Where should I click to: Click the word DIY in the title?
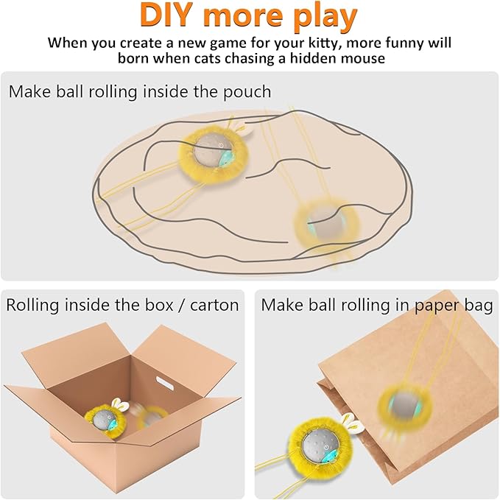[175, 17]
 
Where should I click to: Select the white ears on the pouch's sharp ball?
[242, 132]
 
